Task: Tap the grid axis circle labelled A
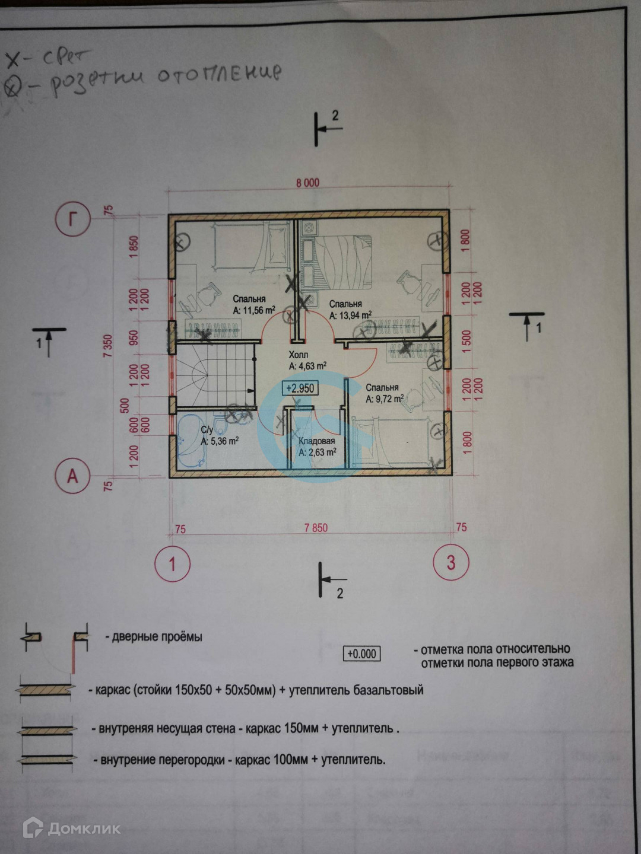point(72,476)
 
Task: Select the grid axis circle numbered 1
point(172,563)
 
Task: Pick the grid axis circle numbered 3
point(451,562)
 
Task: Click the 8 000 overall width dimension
point(307,183)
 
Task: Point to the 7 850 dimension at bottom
point(315,528)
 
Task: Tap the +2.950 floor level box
point(299,388)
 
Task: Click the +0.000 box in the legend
point(361,654)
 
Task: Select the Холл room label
point(299,355)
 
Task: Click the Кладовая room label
point(316,441)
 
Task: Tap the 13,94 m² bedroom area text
point(350,315)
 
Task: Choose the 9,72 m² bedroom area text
point(385,399)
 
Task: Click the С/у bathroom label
point(207,430)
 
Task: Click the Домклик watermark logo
point(71,828)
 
